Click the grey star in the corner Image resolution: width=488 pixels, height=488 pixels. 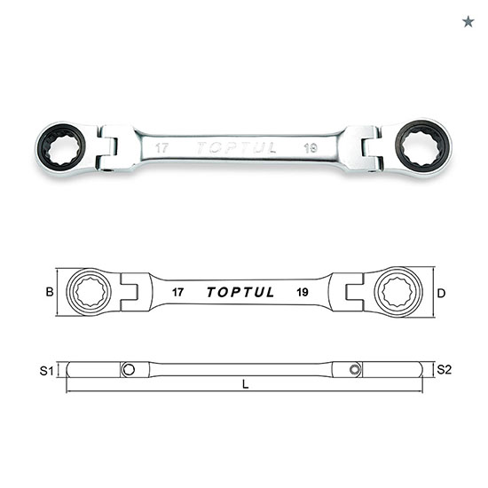[468, 22]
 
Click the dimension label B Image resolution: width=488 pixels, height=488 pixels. [50, 292]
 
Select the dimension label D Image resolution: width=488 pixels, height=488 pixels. [441, 293]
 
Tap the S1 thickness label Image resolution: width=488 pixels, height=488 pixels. [47, 371]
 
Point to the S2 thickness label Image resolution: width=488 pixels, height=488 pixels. [445, 370]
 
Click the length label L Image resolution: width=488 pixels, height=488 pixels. [246, 385]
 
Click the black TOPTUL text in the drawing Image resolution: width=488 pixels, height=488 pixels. [240, 292]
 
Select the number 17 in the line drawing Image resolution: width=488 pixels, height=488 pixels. [177, 293]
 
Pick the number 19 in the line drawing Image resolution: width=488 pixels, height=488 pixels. [303, 293]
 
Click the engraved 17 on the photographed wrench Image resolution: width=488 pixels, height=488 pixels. [161, 148]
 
